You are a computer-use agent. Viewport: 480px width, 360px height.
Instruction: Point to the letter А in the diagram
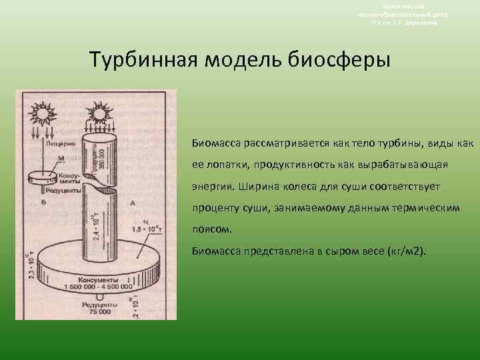[133, 202]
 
